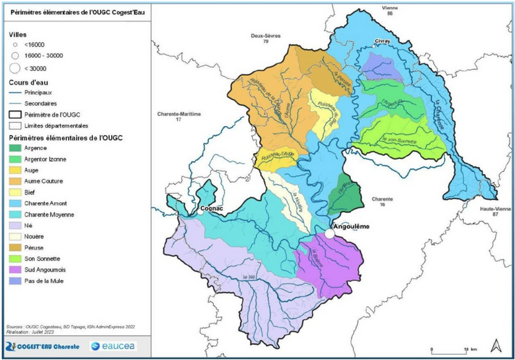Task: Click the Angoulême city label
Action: [352, 224]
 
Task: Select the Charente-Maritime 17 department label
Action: [178, 117]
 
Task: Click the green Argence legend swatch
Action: [21, 147]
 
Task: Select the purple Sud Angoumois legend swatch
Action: [21, 270]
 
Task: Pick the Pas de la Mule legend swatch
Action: [21, 281]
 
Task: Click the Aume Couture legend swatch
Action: [21, 181]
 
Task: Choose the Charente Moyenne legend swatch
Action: [21, 214]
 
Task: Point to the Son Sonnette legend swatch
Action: [21, 259]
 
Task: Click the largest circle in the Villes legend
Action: [15, 67]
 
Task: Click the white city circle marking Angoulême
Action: [330, 234]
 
